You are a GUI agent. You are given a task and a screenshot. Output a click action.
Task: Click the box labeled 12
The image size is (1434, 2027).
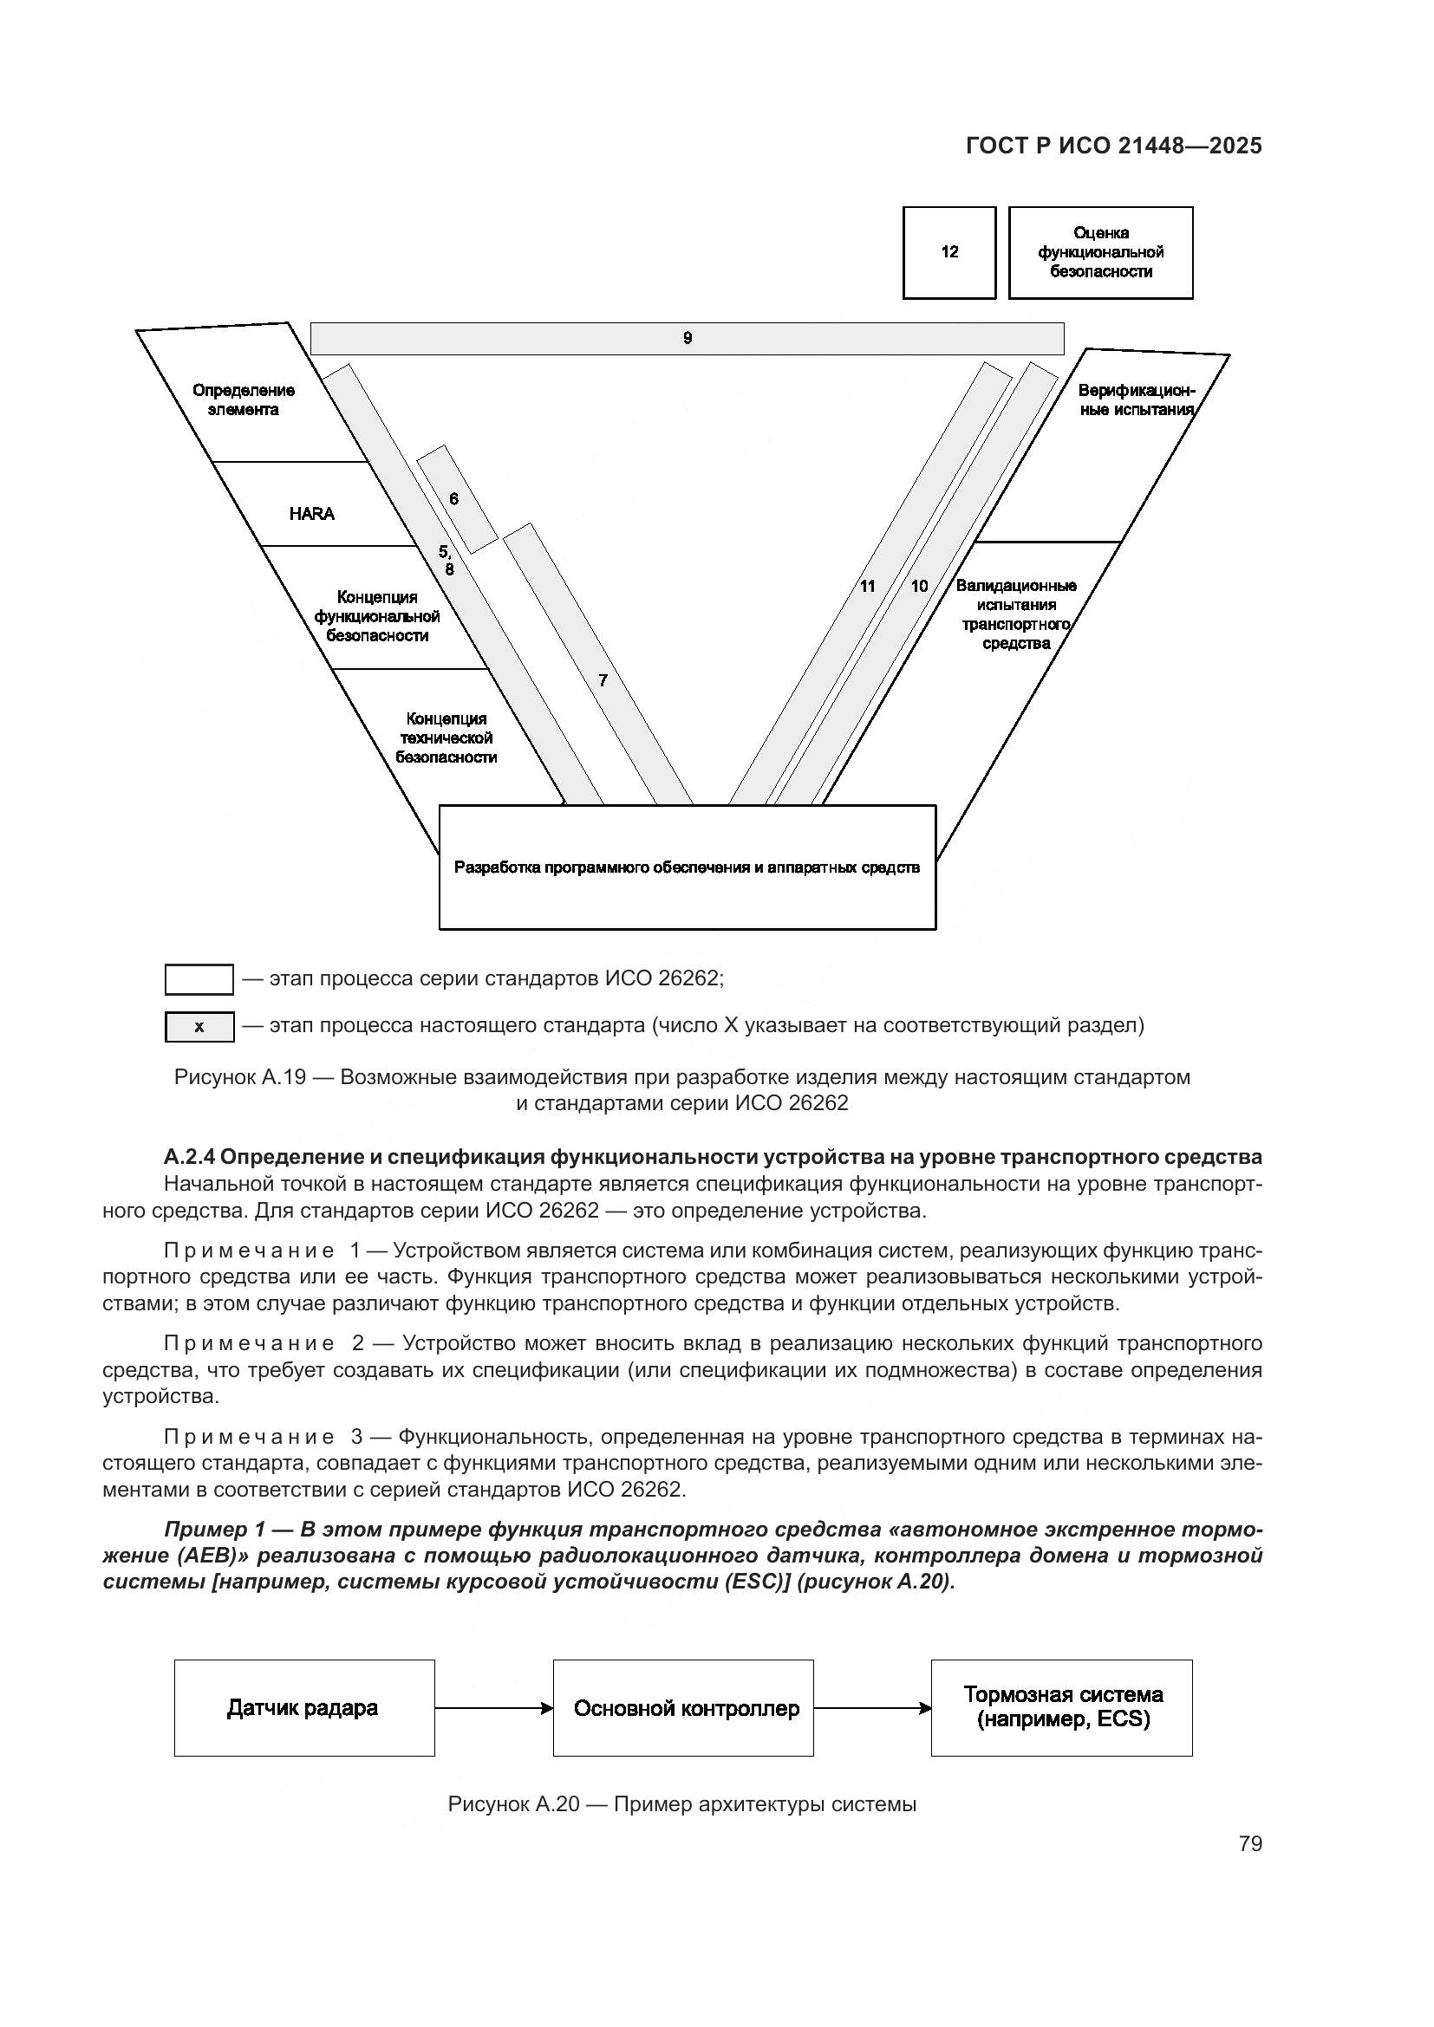[x=949, y=252]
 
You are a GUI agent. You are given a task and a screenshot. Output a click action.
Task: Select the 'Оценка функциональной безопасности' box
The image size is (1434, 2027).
[x=1100, y=252]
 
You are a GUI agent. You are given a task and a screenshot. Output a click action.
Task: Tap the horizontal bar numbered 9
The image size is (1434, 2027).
[x=687, y=338]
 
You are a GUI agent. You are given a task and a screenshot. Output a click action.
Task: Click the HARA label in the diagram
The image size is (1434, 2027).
[x=312, y=514]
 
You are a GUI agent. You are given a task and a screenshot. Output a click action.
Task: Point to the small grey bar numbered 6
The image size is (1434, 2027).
[x=457, y=499]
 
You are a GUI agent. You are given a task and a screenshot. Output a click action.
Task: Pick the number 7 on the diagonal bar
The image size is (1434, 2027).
[x=603, y=680]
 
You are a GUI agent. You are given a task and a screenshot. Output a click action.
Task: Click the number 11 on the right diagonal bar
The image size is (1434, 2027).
[x=867, y=586]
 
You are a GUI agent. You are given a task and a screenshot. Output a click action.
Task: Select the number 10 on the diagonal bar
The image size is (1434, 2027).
[x=919, y=586]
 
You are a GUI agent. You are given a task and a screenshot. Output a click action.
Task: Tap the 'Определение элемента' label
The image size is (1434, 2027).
[x=244, y=400]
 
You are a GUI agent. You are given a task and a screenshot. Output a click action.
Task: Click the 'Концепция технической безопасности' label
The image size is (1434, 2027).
[x=446, y=738]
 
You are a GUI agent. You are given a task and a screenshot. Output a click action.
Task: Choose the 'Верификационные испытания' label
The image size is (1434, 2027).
[x=1136, y=400]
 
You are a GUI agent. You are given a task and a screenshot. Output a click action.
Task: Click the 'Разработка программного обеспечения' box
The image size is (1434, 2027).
[x=687, y=867]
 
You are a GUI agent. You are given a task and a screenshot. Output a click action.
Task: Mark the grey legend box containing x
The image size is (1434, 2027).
[x=199, y=1027]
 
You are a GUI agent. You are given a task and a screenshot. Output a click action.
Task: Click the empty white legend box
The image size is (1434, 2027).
[x=199, y=979]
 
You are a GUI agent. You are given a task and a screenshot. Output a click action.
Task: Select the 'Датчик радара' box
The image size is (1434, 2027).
[x=303, y=1708]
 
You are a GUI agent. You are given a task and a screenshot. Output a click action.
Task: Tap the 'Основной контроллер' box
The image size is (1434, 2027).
[x=683, y=1708]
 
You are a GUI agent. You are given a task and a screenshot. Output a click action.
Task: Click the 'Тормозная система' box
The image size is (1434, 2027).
[x=1061, y=1708]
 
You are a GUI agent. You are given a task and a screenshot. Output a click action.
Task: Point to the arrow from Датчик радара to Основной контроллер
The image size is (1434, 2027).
[x=493, y=1708]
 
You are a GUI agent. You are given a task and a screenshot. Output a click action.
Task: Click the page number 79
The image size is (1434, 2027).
[x=1250, y=1844]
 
